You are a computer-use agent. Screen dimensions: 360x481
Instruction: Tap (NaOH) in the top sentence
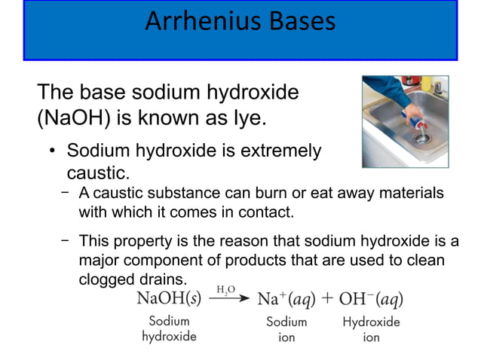72,119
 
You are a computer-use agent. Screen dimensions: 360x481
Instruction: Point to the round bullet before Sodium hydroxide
53,150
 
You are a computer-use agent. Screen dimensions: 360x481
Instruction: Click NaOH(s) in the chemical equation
168,298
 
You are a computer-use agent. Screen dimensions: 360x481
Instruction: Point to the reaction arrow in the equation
228,298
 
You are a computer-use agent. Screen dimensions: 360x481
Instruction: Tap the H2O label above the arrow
226,289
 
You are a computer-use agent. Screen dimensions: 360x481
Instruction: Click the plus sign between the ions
327,298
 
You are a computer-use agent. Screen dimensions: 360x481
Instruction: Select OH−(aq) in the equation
370,298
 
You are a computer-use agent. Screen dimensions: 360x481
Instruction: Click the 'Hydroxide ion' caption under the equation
370,330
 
